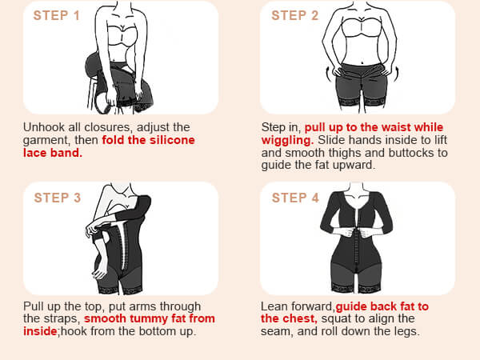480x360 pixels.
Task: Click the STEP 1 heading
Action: (x=56, y=16)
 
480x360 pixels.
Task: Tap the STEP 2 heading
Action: (x=294, y=16)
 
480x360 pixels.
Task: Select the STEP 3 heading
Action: (x=58, y=198)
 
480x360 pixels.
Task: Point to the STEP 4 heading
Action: (x=295, y=198)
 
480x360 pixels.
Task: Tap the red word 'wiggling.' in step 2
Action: (x=287, y=141)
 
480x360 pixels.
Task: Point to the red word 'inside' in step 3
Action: (x=40, y=331)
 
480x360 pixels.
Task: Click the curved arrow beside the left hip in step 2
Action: (x=329, y=74)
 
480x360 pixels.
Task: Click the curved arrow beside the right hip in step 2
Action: (x=396, y=74)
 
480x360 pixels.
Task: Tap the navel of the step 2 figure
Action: (x=362, y=63)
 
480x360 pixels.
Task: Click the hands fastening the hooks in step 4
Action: (x=357, y=233)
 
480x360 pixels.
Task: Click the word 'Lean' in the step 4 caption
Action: (x=274, y=306)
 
